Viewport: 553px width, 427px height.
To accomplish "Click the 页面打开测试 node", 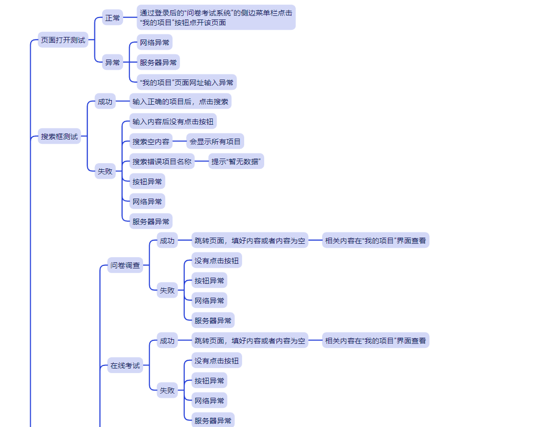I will coord(63,40).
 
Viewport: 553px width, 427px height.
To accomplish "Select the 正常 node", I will coord(112,18).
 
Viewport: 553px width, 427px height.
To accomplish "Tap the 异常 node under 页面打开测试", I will coord(112,63).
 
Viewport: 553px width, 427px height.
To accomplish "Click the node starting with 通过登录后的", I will coord(216,17).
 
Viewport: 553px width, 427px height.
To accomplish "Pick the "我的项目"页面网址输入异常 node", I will coord(187,82).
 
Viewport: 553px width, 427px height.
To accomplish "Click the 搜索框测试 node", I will coord(60,137).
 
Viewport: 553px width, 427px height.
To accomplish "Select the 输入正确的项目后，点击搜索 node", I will coord(180,102).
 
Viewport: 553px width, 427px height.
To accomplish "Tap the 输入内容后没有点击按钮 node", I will coord(172,122).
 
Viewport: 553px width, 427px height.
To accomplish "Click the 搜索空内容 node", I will coord(151,142).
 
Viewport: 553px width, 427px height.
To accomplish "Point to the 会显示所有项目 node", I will coord(215,142).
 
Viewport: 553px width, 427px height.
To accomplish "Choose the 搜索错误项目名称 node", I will coord(162,162).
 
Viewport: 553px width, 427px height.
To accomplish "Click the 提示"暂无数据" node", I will coord(236,162).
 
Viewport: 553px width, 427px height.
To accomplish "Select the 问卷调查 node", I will coord(125,265).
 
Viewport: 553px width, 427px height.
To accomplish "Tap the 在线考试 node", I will coord(125,365).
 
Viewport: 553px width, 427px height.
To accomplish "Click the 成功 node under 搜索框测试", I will coord(105,102).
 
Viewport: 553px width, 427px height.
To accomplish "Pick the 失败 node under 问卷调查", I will coord(167,290).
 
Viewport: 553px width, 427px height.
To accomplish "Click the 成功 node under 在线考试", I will coord(167,340).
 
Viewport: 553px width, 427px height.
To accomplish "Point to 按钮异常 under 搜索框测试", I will coord(147,182).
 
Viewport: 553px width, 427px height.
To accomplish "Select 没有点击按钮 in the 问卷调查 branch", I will coord(216,261).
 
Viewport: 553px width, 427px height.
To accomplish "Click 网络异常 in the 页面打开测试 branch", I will coord(154,43).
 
